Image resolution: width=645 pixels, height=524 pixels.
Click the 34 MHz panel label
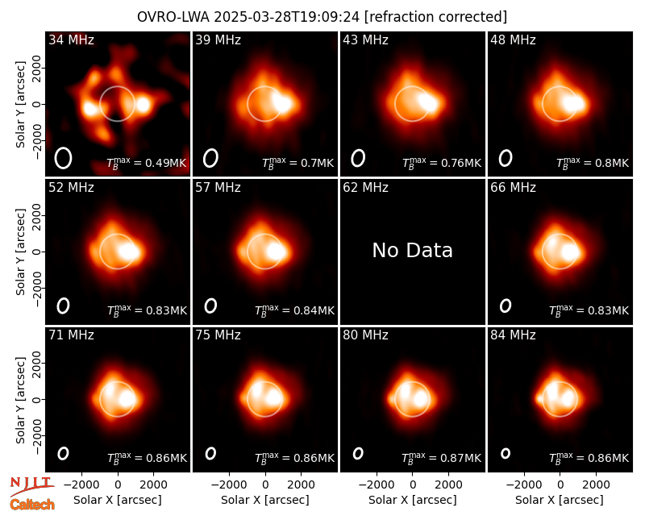[x=71, y=40]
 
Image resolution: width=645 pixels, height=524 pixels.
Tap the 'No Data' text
[x=412, y=250]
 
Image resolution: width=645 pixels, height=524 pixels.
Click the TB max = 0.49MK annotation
[x=147, y=163]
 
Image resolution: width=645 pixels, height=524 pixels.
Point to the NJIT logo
[x=31, y=486]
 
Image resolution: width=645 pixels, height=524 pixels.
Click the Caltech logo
[x=32, y=505]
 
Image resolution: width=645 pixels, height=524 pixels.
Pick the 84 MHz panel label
[x=513, y=335]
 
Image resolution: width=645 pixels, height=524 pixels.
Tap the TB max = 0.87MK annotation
[x=441, y=458]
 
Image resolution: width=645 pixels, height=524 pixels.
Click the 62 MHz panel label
[x=365, y=188]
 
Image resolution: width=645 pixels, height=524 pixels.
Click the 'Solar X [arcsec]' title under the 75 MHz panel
[x=265, y=500]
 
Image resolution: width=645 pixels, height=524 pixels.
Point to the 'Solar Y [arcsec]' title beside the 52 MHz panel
[x=21, y=252]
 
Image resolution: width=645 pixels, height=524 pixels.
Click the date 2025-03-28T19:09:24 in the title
[x=287, y=17]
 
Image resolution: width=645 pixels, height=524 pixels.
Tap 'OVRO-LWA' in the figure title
[x=173, y=17]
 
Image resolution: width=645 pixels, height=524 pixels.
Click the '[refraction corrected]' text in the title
[x=435, y=17]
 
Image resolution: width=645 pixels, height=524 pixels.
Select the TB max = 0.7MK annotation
[x=298, y=163]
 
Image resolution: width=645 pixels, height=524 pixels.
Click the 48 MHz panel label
[x=513, y=40]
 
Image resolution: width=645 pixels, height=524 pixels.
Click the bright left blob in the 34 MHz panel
[x=89, y=109]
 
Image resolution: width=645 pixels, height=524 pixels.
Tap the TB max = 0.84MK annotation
[x=294, y=310]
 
